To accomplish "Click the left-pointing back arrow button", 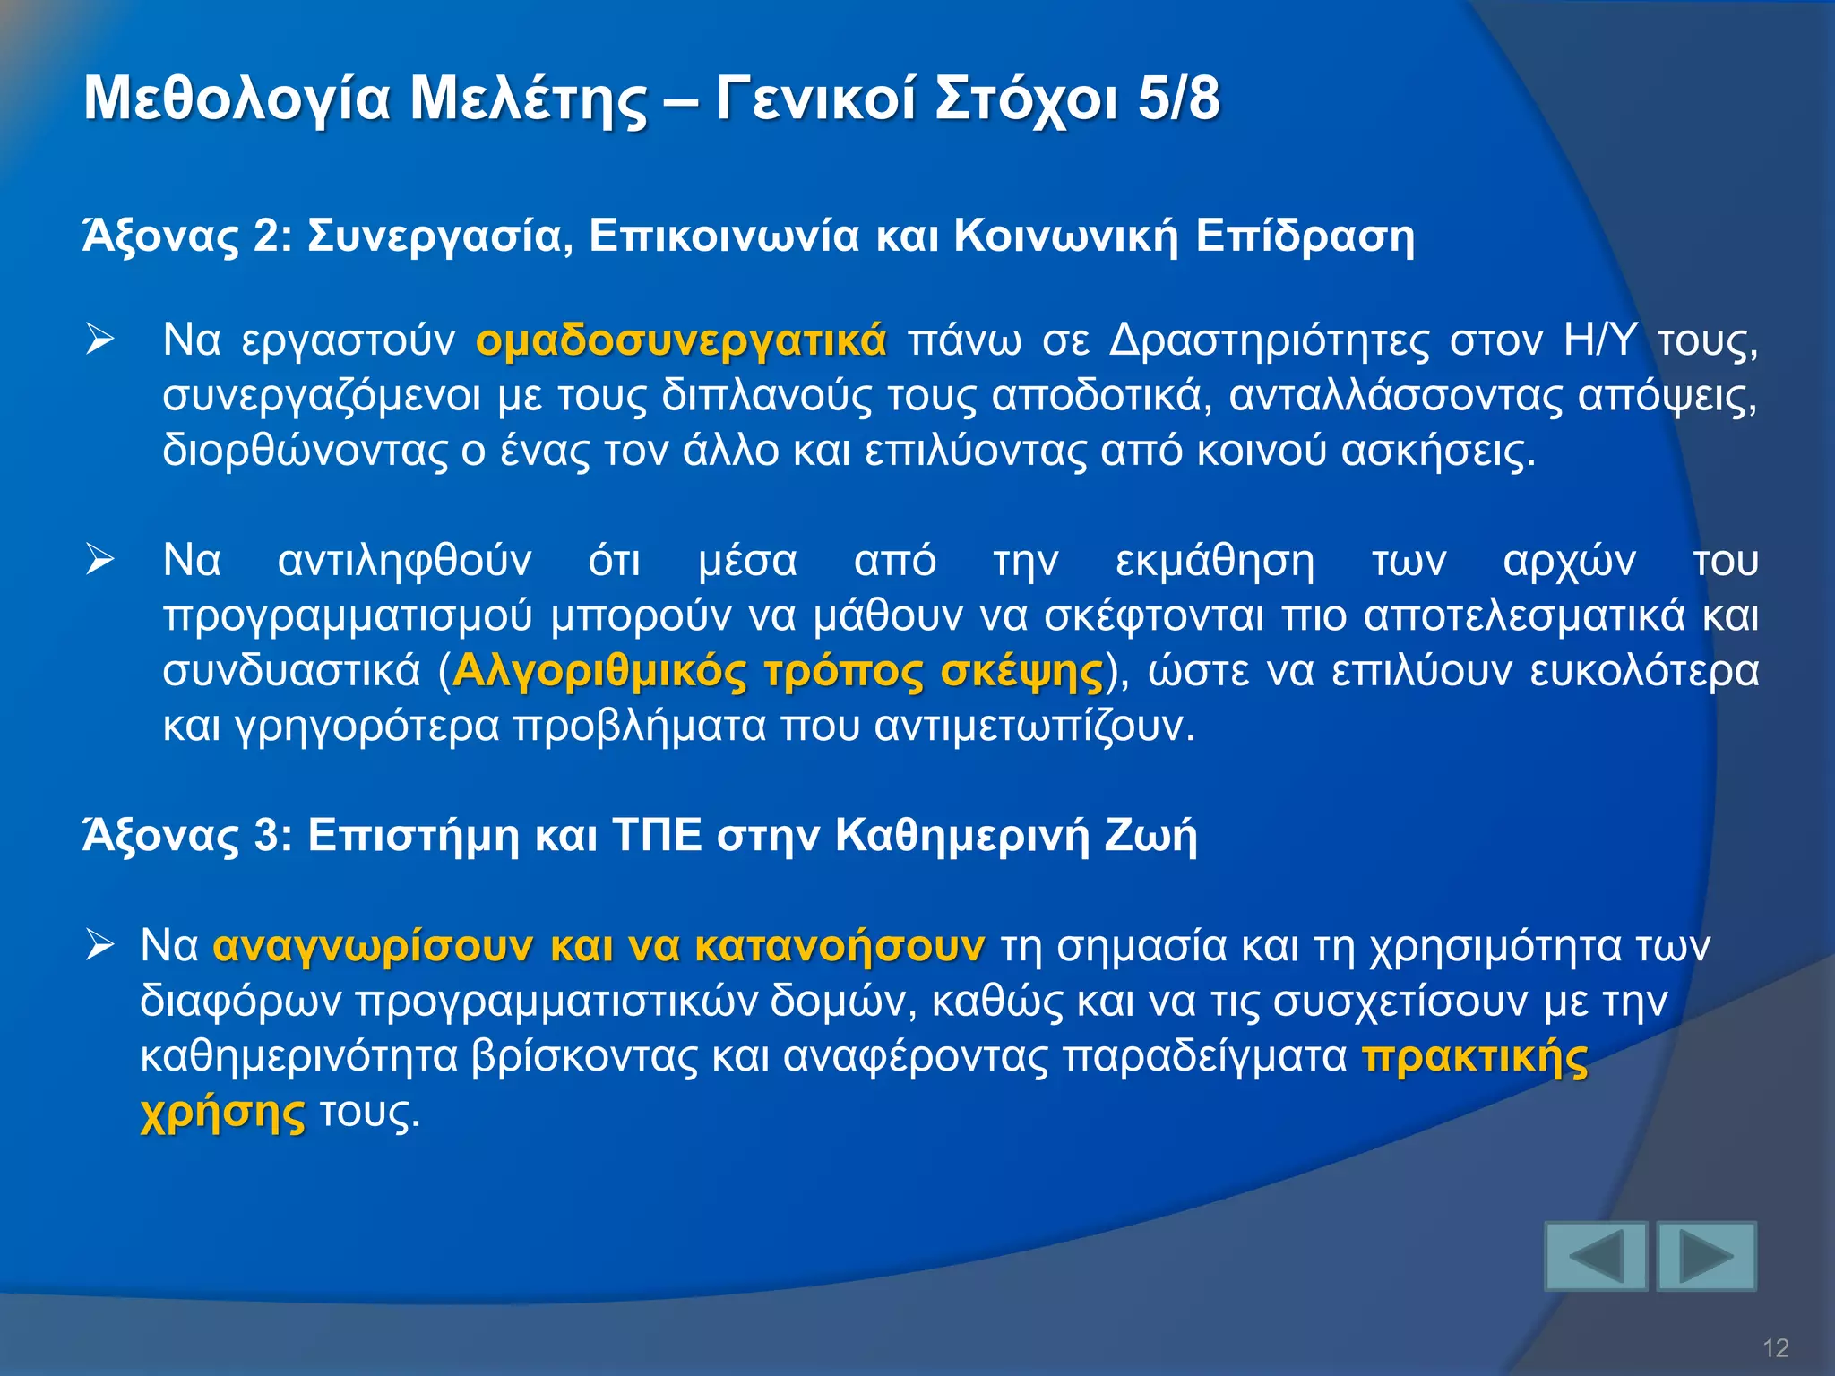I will coord(1596,1256).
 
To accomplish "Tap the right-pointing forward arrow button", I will coord(1706,1256).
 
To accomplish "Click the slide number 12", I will coord(1775,1347).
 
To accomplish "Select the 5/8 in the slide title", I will coord(1178,99).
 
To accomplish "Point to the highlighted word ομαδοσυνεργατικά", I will coord(681,340).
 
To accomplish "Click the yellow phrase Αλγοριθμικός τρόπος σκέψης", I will coord(778,671).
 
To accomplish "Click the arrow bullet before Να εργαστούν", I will coord(99,340).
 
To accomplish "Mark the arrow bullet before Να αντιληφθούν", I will coord(99,561).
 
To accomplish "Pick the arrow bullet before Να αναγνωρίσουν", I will coord(99,945).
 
